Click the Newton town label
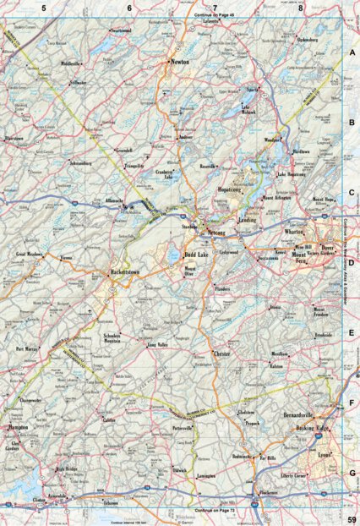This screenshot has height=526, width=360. (x=178, y=63)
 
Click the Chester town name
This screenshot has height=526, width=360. (x=222, y=352)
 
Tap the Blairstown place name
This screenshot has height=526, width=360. (x=16, y=136)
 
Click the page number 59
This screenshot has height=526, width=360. (x=351, y=518)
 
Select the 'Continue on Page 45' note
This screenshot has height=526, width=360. (x=215, y=16)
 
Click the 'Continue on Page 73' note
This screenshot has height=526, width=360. (x=215, y=512)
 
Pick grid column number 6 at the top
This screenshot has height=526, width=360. (x=130, y=8)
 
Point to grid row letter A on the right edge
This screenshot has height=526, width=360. (x=352, y=52)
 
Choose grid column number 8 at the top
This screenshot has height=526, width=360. (x=300, y=8)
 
